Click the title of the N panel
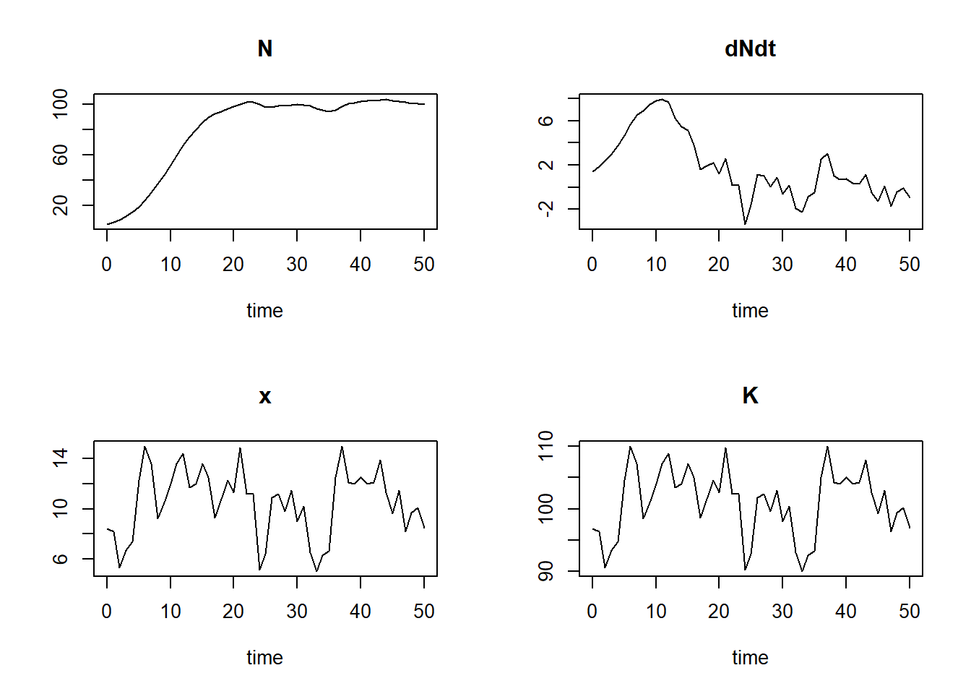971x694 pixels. pyautogui.click(x=264, y=49)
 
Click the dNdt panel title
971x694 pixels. pyautogui.click(x=750, y=49)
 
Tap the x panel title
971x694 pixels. pyautogui.click(x=264, y=396)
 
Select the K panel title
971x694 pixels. pyautogui.click(x=750, y=396)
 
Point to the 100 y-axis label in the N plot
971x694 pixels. pyautogui.click(x=61, y=104)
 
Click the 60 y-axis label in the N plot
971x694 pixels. pyautogui.click(x=61, y=155)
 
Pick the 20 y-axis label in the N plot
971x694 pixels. pyautogui.click(x=61, y=205)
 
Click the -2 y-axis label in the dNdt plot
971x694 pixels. pyautogui.click(x=546, y=209)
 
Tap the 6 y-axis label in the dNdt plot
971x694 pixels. pyautogui.click(x=546, y=121)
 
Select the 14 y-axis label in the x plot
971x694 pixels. pyautogui.click(x=61, y=458)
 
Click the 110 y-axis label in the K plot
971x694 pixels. pyautogui.click(x=546, y=446)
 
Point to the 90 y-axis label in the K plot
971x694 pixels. pyautogui.click(x=546, y=571)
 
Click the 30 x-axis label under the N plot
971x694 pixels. pyautogui.click(x=297, y=265)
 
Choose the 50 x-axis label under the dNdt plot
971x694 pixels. pyautogui.click(x=910, y=265)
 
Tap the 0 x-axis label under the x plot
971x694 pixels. pyautogui.click(x=107, y=612)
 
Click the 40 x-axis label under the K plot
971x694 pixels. pyautogui.click(x=846, y=612)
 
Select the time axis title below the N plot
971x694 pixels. pyautogui.click(x=264, y=311)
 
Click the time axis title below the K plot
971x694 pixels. pyautogui.click(x=750, y=658)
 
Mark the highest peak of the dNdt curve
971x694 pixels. pyautogui.click(x=661, y=99)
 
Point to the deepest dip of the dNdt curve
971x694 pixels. pyautogui.click(x=745, y=224)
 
